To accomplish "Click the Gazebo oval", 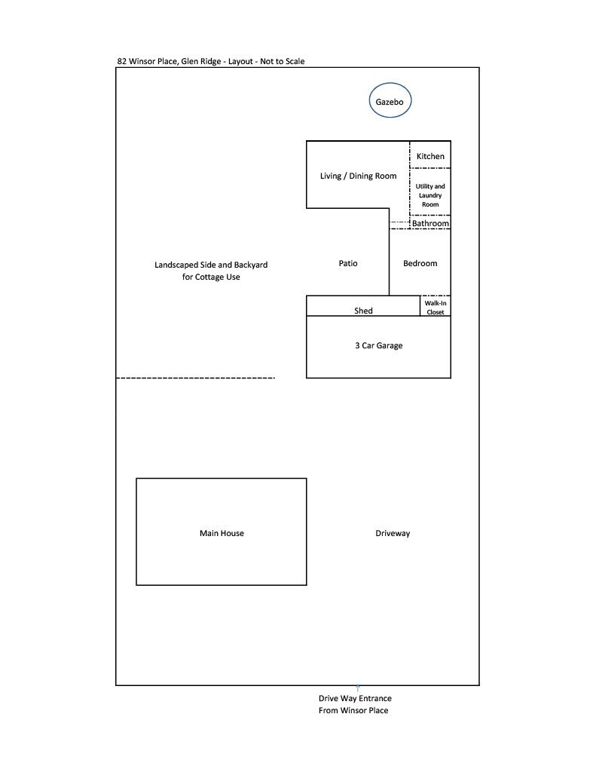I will point(390,102).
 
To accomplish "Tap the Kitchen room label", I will point(430,156).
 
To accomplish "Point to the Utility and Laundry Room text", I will point(430,195).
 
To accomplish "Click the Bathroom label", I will point(430,223).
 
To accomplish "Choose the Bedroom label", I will point(420,263).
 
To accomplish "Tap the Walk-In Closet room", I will point(436,307).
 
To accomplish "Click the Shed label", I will point(363,311).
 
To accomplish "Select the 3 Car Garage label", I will point(378,346).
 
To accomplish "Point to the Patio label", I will point(347,263).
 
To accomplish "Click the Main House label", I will point(222,533).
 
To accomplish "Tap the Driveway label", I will point(393,533).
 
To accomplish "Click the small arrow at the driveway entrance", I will point(357,688).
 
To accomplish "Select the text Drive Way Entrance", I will point(355,698).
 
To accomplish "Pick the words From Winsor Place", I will point(353,710).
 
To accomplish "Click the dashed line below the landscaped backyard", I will point(196,378).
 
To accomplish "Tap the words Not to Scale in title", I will point(283,61).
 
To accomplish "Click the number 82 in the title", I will point(122,61).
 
